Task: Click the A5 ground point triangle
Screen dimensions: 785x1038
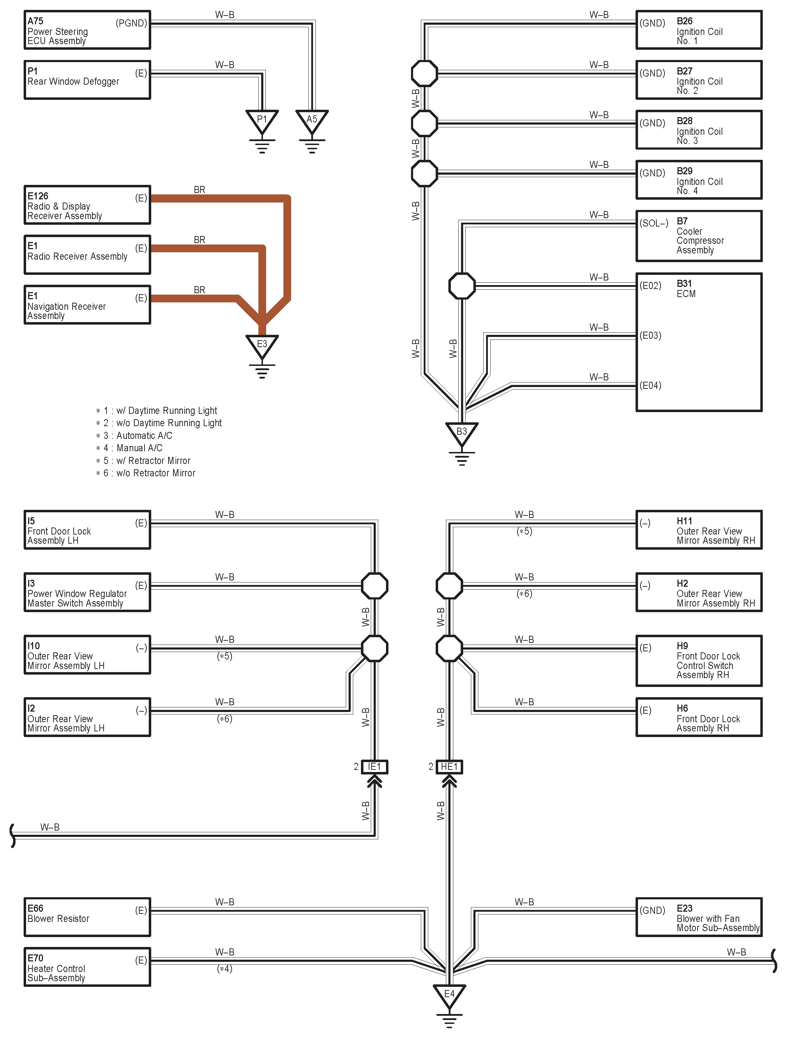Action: tap(312, 121)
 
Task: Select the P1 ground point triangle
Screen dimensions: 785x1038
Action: tap(262, 121)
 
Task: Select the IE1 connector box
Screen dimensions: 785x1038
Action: tap(374, 767)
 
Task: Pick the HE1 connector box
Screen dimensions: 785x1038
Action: tap(449, 767)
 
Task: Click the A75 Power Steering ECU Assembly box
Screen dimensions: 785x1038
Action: tap(87, 30)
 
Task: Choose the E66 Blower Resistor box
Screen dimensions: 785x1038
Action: tap(87, 917)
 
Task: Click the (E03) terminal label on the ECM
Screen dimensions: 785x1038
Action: tap(650, 336)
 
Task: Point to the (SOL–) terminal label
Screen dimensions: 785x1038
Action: tap(654, 223)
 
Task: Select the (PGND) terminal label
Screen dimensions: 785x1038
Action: tap(131, 23)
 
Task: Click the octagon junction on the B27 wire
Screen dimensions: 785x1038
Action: tap(424, 73)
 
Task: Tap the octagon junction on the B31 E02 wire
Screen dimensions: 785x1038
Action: tap(462, 285)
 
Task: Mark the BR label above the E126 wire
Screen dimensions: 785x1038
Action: tap(200, 189)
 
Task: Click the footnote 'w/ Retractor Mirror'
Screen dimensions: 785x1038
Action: tap(153, 461)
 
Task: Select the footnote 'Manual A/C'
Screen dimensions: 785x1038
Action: tap(139, 448)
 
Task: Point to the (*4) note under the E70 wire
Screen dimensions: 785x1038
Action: tap(225, 968)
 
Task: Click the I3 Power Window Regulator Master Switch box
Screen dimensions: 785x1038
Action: tap(87, 592)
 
